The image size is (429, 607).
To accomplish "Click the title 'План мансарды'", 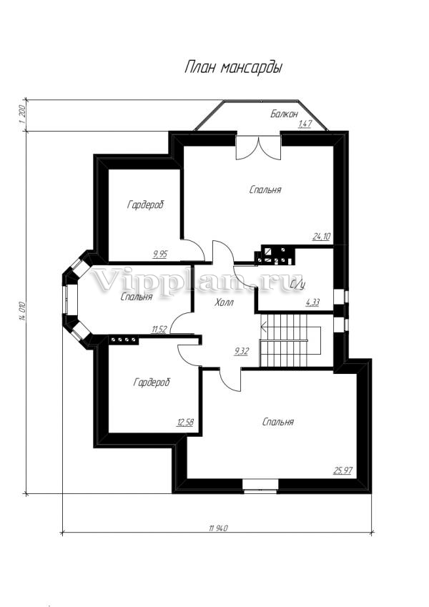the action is tap(233, 67).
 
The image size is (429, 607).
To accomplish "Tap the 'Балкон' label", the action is tap(284, 114).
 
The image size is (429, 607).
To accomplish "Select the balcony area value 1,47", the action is tap(305, 124).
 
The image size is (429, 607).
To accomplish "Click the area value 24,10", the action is tap(321, 236).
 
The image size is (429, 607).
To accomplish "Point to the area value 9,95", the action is tap(160, 255).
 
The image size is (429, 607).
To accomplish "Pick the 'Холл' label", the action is tap(225, 302).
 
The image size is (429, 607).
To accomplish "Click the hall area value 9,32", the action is tap(241, 352).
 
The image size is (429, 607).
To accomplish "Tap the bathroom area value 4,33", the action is tap(313, 302).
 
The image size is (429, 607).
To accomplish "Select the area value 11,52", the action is tap(159, 330).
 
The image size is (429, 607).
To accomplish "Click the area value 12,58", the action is tap(185, 422).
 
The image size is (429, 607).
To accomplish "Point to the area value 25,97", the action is tap(343, 470).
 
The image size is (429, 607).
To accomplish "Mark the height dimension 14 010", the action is tap(23, 311).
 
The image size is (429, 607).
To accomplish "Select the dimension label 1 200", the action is tap(21, 114).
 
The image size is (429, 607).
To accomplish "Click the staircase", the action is tap(290, 340).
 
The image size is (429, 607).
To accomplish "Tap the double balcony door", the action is tap(258, 147).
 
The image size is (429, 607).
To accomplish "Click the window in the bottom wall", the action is tap(260, 485).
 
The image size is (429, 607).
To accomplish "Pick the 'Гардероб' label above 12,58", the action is tap(152, 383).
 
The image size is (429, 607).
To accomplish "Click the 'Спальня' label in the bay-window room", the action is tap(137, 297).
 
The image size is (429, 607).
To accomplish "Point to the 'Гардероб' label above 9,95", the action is tap(146, 204).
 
